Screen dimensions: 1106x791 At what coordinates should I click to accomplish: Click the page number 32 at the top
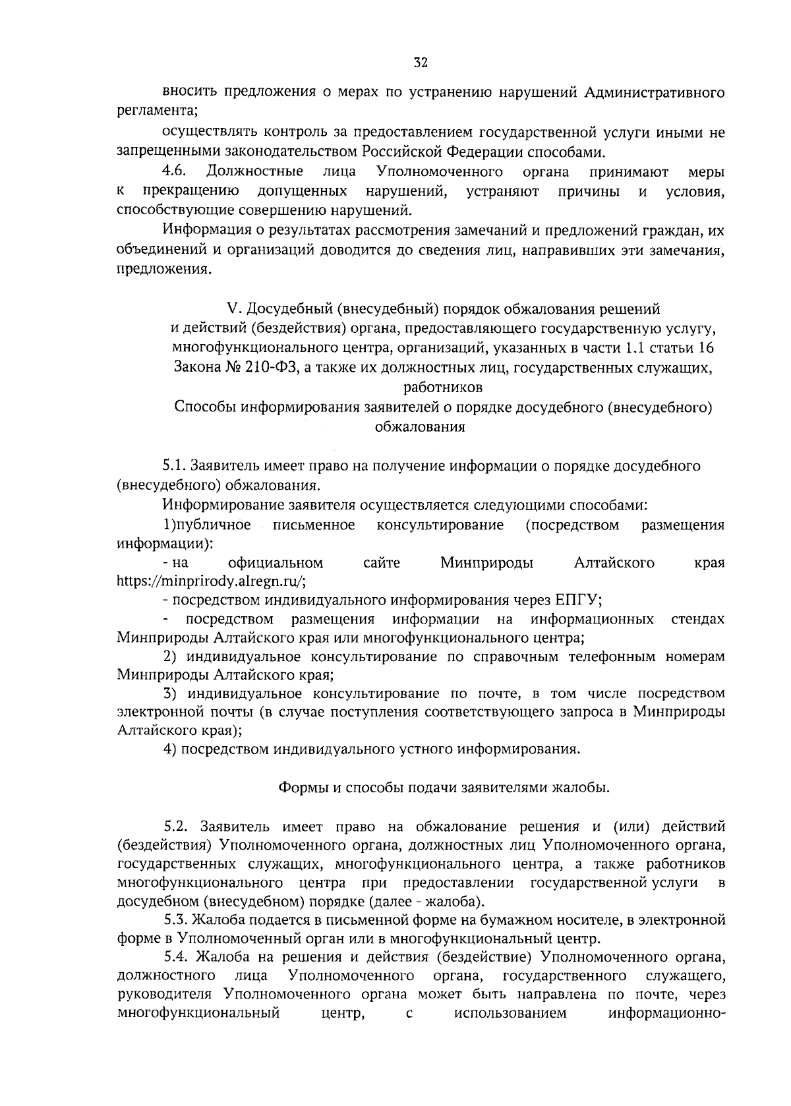coord(421,63)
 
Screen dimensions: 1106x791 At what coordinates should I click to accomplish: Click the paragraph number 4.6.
coord(176,172)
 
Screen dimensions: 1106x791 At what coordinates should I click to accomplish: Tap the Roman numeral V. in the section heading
coord(231,308)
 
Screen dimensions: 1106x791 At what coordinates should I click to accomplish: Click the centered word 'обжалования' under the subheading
coord(420,426)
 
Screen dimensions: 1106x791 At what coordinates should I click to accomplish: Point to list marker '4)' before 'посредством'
coord(170,749)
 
